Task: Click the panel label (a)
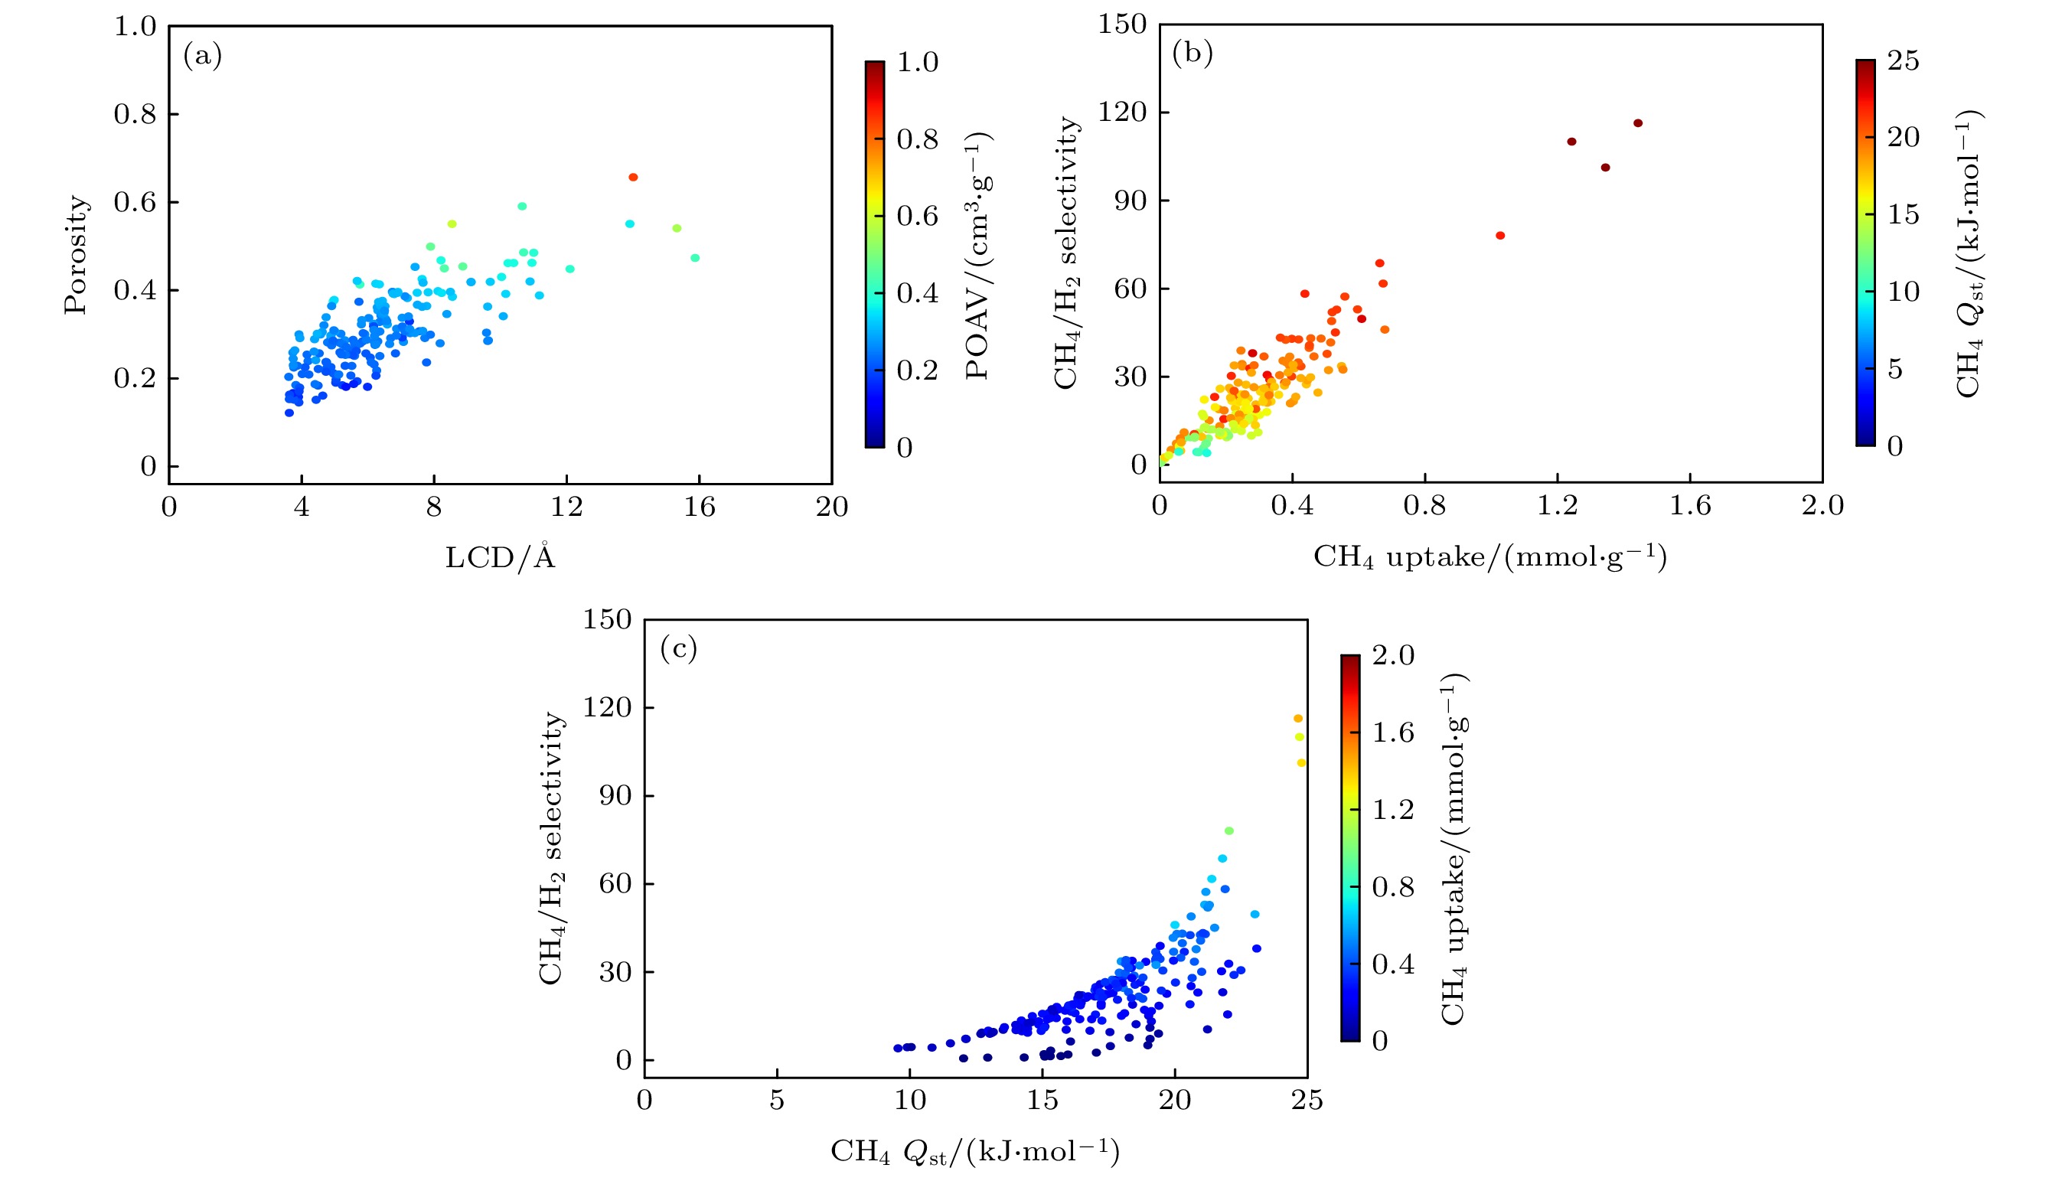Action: pyautogui.click(x=202, y=56)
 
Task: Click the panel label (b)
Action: pyautogui.click(x=1192, y=54)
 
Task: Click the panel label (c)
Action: pyautogui.click(x=678, y=649)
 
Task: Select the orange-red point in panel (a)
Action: pyautogui.click(x=634, y=177)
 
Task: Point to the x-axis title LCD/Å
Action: pyautogui.click(x=500, y=557)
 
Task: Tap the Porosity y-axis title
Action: pyautogui.click(x=77, y=254)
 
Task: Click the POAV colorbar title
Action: pyautogui.click(x=978, y=254)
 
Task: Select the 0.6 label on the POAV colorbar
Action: pyautogui.click(x=917, y=217)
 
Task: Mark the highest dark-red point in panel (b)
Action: pyautogui.click(x=1638, y=123)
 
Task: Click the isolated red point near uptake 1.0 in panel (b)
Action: pyautogui.click(x=1501, y=235)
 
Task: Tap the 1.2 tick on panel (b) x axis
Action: pyautogui.click(x=1558, y=506)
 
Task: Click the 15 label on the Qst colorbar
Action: pyautogui.click(x=1903, y=215)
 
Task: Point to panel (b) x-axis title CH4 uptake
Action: pyautogui.click(x=1489, y=557)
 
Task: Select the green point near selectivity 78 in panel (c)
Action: pyautogui.click(x=1229, y=830)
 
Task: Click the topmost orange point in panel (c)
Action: pyautogui.click(x=1298, y=718)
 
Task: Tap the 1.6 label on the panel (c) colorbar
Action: pyautogui.click(x=1393, y=733)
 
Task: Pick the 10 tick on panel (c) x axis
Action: pyautogui.click(x=909, y=1101)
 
